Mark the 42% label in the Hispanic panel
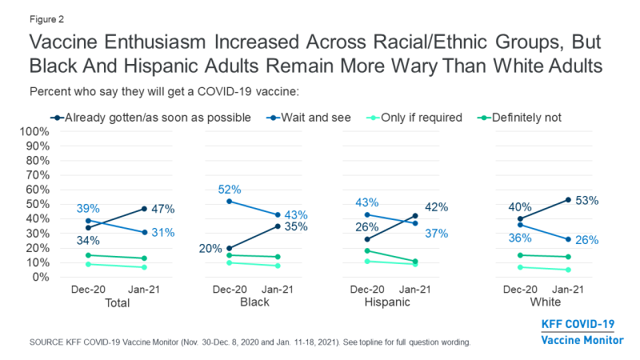pos(436,207)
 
